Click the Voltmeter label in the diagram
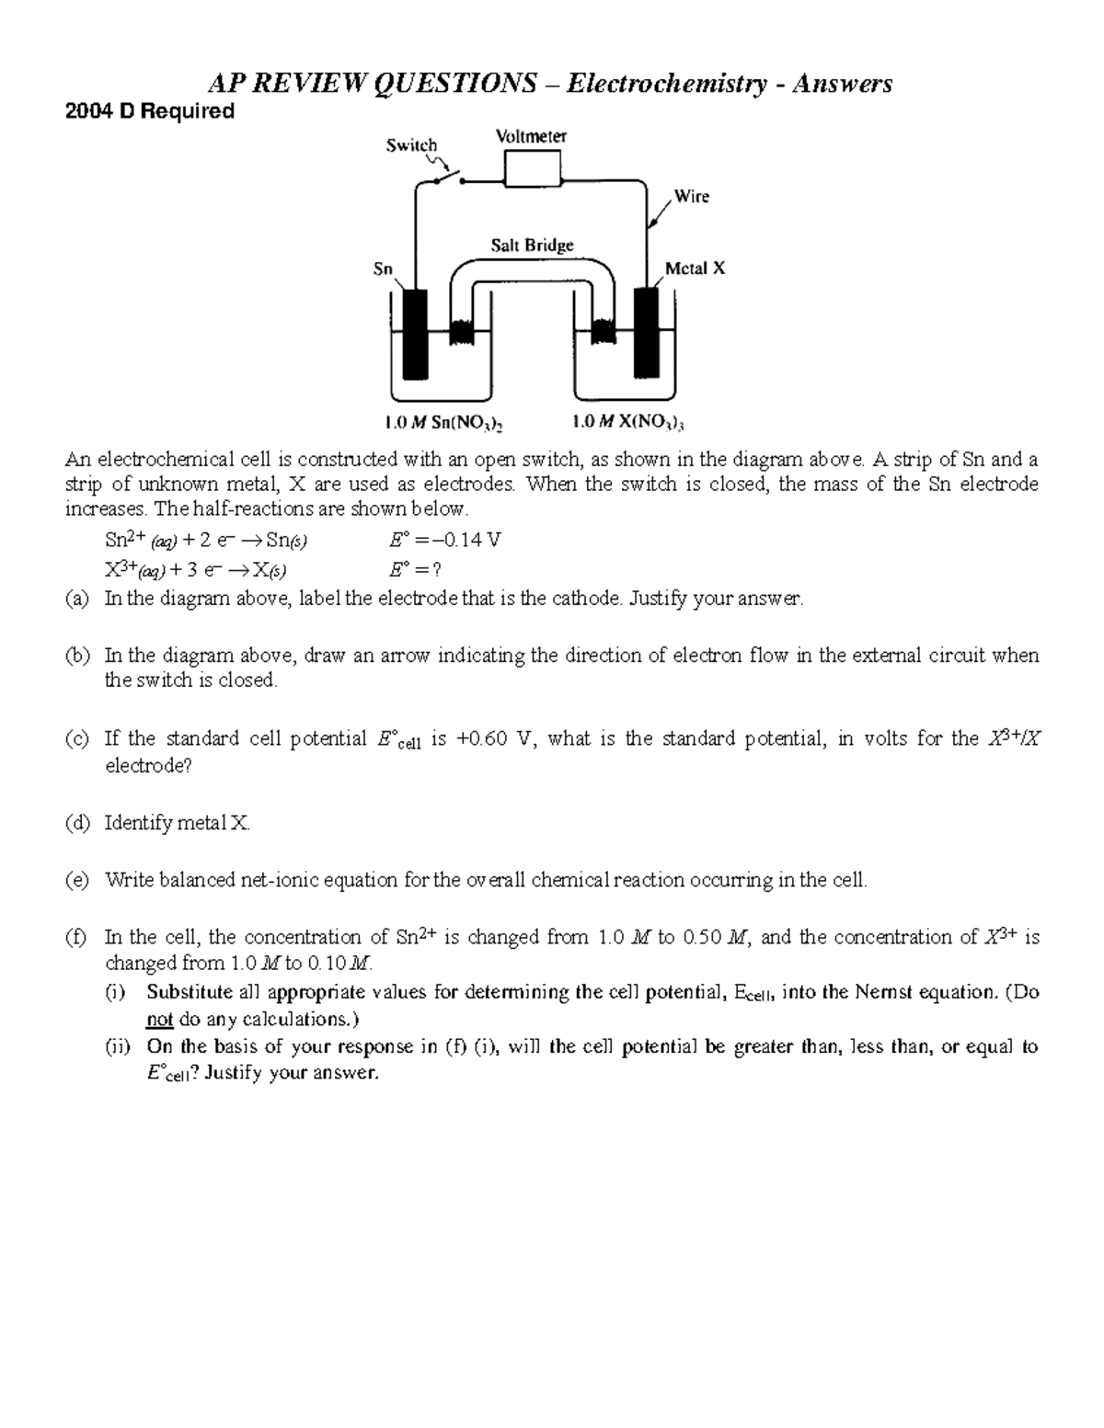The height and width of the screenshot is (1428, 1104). tap(531, 136)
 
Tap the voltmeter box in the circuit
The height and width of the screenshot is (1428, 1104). tap(533, 168)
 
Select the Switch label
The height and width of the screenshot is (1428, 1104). tap(411, 144)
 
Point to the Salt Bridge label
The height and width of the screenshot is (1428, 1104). tap(532, 245)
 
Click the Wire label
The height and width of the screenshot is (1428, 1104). tap(691, 196)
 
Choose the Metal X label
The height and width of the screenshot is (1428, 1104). tap(695, 268)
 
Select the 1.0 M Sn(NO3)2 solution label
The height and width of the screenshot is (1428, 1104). tap(443, 423)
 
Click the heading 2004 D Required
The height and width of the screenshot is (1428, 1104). tap(149, 111)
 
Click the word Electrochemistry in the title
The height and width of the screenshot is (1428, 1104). tap(666, 84)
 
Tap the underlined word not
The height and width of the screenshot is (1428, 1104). tap(160, 1019)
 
